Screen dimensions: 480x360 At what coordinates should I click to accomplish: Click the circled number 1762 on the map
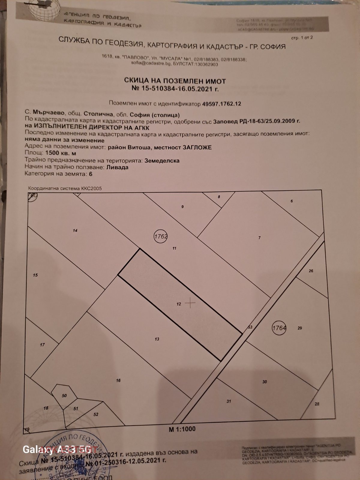[x=160, y=236]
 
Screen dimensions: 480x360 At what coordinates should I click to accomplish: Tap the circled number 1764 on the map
[x=279, y=328]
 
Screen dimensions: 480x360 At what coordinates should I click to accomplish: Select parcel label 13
[x=157, y=339]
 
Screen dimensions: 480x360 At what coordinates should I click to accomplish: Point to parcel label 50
[x=64, y=396]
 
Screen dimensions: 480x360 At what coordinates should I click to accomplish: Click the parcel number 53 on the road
[x=250, y=327]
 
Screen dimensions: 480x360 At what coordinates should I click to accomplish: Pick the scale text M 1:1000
[x=182, y=429]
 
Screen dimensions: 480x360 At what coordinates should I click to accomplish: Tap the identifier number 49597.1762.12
[x=222, y=104]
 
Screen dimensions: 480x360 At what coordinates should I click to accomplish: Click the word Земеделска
[x=162, y=160]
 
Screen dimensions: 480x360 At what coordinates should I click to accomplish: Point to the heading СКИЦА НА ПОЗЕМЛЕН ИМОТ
[x=175, y=81]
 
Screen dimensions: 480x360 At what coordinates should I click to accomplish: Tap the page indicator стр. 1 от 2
[x=302, y=38]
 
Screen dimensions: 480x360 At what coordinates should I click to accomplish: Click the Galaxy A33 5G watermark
[x=57, y=449]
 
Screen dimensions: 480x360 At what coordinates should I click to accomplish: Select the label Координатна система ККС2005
[x=65, y=188]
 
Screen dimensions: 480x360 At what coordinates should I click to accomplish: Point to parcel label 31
[x=229, y=401]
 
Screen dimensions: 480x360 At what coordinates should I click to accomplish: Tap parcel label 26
[x=311, y=271]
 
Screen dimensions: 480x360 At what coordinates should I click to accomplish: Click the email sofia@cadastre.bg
[x=147, y=64]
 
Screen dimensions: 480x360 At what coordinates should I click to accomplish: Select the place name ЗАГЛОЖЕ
[x=197, y=147]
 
